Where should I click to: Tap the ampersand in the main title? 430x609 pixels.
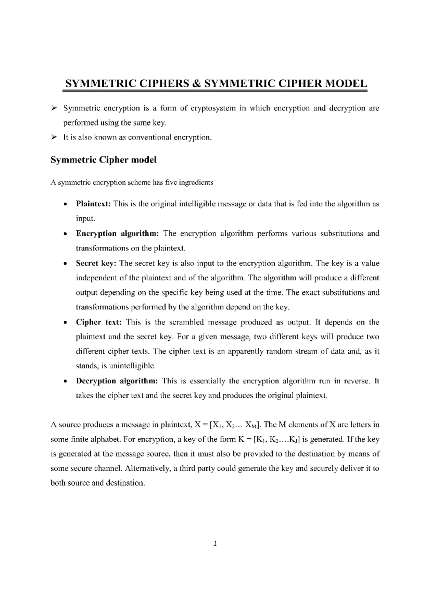[196, 84]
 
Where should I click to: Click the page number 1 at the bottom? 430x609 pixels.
[215, 544]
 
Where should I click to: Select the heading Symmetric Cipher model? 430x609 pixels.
[104, 160]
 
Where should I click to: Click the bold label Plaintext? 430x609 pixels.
[94, 204]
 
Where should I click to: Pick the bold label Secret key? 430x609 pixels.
[96, 263]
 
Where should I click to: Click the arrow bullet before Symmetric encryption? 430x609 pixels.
[54, 108]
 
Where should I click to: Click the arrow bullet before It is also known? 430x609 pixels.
[54, 137]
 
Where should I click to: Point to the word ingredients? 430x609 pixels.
[196, 183]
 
